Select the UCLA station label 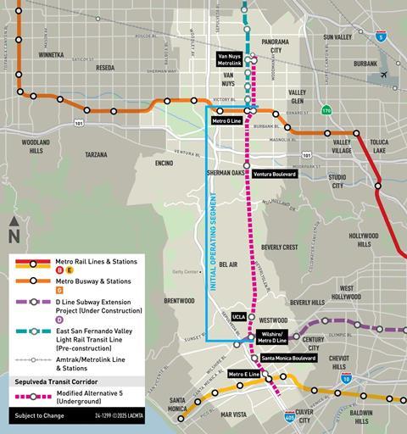pyautogui.click(x=237, y=315)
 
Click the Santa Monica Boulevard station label pyautogui.click(x=289, y=359)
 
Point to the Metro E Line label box pyautogui.click(x=243, y=374)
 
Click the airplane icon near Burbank pyautogui.click(x=386, y=75)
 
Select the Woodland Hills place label pyautogui.click(x=36, y=146)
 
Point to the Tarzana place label pyautogui.click(x=97, y=155)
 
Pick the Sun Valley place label pyautogui.click(x=343, y=37)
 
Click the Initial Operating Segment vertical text pyautogui.click(x=214, y=242)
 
